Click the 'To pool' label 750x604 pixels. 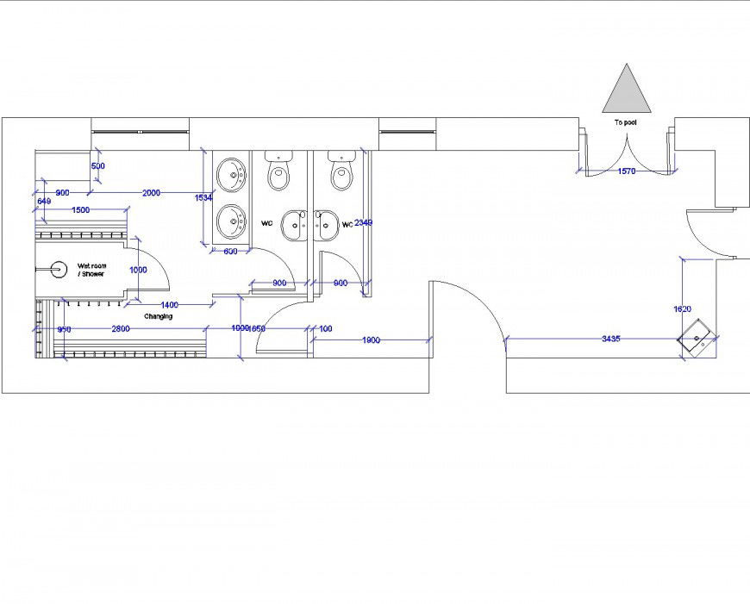tap(625, 122)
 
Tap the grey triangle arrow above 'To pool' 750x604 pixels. tap(627, 89)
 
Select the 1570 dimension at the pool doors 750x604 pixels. tap(627, 171)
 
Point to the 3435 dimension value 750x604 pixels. tap(610, 339)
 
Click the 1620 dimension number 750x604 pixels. tap(683, 308)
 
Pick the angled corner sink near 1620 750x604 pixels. tap(697, 337)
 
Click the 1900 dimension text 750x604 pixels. tap(371, 340)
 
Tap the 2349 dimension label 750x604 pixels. tap(363, 223)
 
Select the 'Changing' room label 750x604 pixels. tap(158, 316)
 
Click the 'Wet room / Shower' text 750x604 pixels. tap(91, 270)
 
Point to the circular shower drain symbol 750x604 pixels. tap(58, 270)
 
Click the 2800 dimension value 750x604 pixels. tap(121, 328)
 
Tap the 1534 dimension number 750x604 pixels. tap(203, 197)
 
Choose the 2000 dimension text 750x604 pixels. tap(151, 193)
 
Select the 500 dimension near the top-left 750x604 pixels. tap(97, 165)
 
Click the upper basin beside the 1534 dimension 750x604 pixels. tap(231, 175)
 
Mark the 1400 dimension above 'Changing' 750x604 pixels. tap(169, 305)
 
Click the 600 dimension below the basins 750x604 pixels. tap(230, 252)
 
